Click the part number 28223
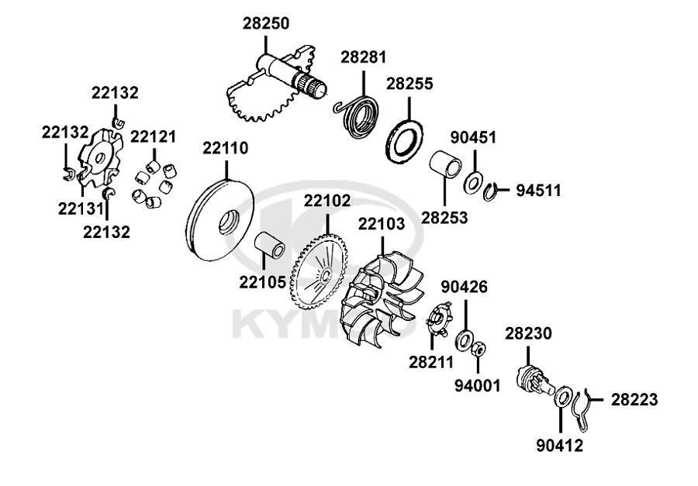[634, 400]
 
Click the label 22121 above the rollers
[153, 137]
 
